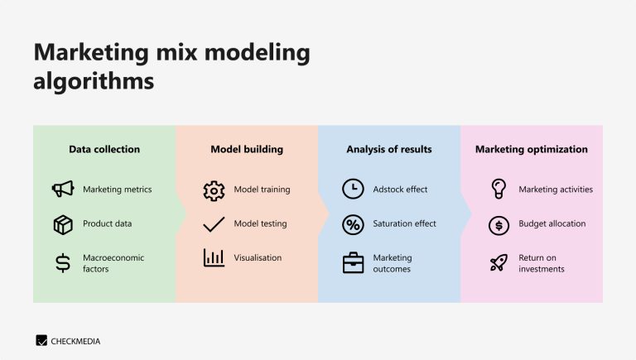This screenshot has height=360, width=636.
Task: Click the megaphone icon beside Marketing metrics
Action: (x=63, y=190)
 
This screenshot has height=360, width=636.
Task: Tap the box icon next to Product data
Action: (x=63, y=224)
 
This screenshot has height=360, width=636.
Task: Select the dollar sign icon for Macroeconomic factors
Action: (x=63, y=263)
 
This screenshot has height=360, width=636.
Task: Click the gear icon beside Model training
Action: (x=214, y=190)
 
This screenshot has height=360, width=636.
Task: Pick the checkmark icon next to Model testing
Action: (x=214, y=224)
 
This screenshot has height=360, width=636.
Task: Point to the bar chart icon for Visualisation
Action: (x=214, y=258)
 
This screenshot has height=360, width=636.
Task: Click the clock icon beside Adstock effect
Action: (x=353, y=190)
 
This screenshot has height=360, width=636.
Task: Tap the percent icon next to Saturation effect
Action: (x=353, y=224)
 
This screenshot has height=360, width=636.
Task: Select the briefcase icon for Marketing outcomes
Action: (x=353, y=263)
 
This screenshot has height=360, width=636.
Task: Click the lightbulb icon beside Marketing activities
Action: (x=499, y=189)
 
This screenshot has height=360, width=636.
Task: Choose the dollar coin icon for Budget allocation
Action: (x=499, y=224)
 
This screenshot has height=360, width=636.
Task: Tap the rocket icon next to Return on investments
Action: (x=499, y=263)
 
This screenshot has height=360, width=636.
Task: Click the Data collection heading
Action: (x=104, y=150)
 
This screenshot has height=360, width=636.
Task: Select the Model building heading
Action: (x=247, y=150)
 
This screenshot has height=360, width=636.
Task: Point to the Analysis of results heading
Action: (x=388, y=150)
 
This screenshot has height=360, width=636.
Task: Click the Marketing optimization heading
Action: (x=531, y=150)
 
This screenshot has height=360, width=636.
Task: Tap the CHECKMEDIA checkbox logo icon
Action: (x=41, y=340)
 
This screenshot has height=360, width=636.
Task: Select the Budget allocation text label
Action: (x=552, y=224)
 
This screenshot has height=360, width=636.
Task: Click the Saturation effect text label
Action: (x=404, y=224)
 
